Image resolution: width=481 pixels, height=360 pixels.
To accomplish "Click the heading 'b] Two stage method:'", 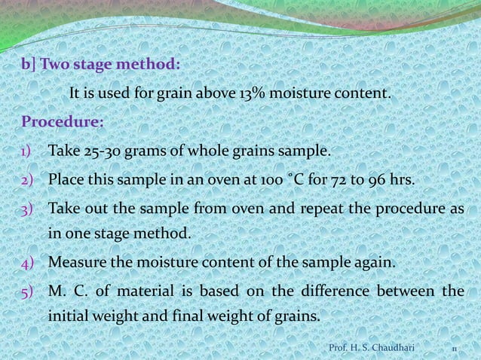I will (101, 64).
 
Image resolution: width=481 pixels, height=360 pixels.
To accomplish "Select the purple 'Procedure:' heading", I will (63, 122).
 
